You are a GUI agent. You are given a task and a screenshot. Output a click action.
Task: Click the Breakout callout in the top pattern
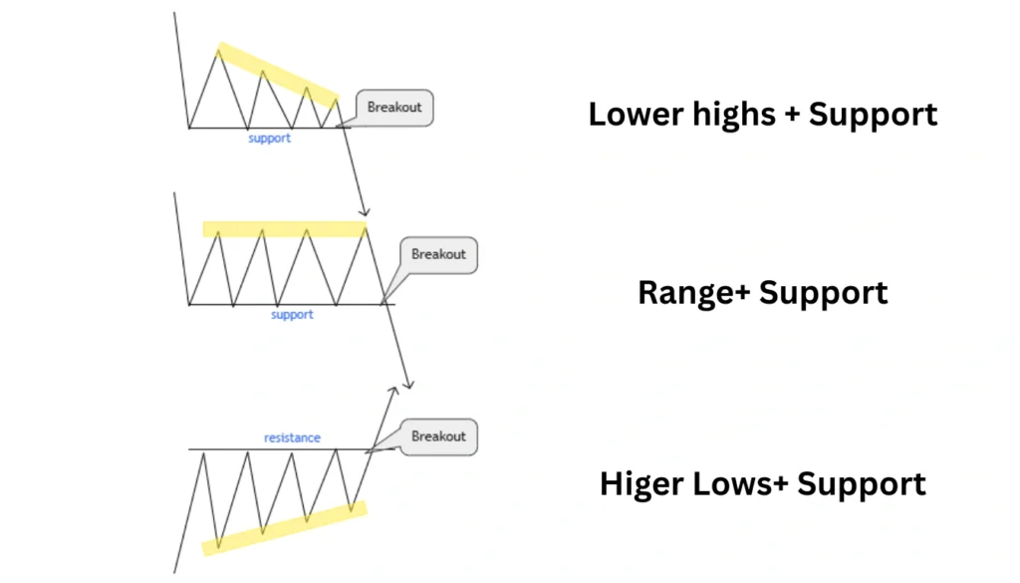pos(394,108)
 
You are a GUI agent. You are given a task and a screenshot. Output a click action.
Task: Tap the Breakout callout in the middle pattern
pos(438,254)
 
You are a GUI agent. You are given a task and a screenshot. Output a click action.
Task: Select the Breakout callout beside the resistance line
pos(438,437)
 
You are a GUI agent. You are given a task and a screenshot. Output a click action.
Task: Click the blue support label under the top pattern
pos(269,139)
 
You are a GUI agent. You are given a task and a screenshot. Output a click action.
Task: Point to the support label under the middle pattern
pos(292,315)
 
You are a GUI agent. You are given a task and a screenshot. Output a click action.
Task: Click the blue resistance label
pos(292,437)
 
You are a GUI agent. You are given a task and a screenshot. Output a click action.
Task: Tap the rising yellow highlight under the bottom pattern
pos(285,528)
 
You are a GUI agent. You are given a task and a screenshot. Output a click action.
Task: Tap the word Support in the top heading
pos(873,116)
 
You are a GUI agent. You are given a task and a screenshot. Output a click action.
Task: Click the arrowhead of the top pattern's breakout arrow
pos(367,212)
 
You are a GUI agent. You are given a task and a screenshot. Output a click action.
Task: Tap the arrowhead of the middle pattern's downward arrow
pos(407,384)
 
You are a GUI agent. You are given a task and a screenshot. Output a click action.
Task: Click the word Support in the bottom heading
pos(862,485)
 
